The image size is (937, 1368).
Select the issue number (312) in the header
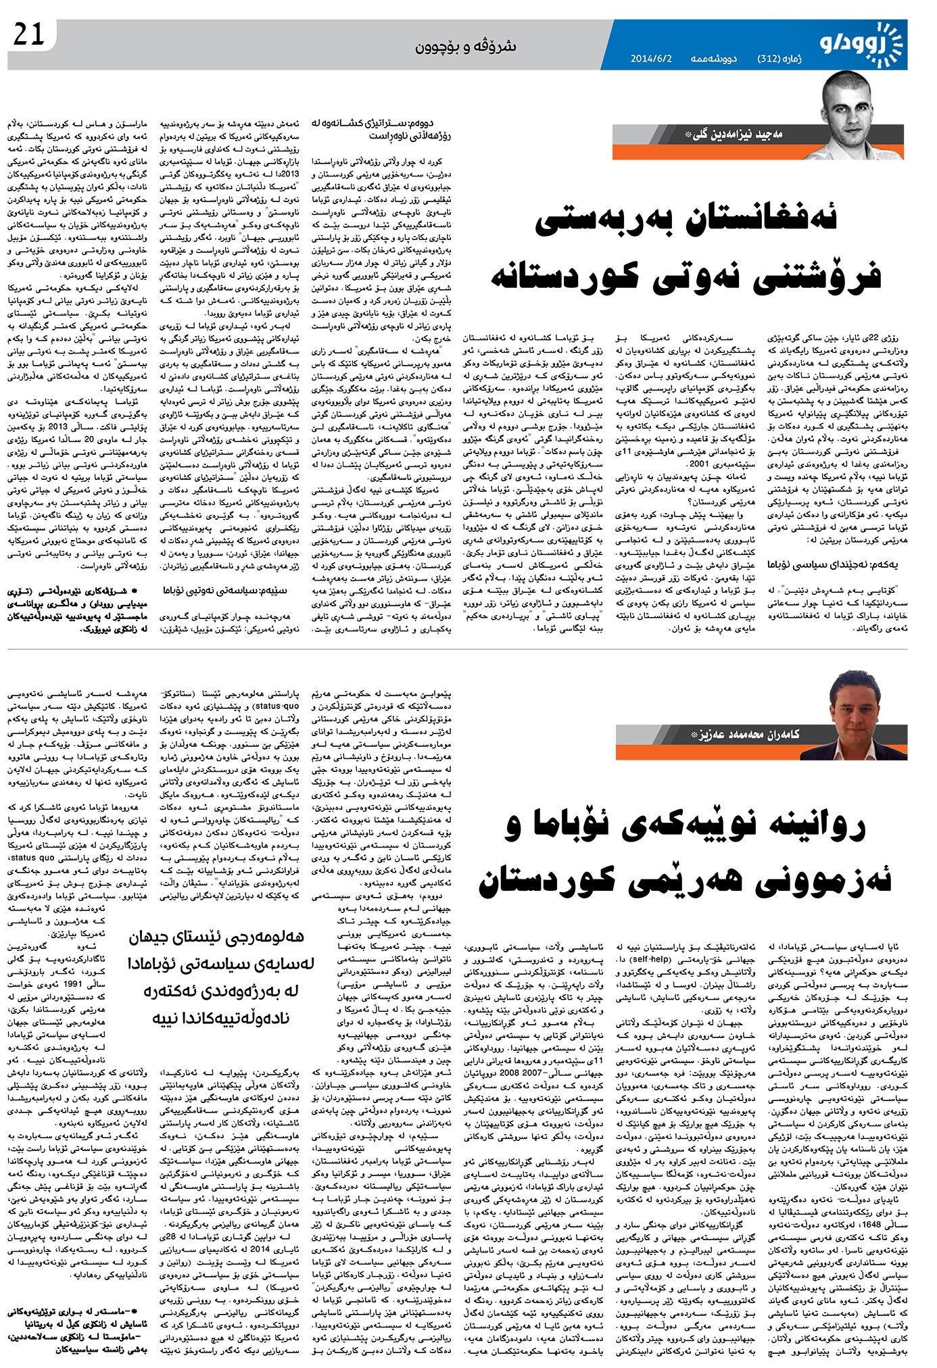[769, 59]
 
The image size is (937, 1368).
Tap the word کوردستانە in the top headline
[581, 278]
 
